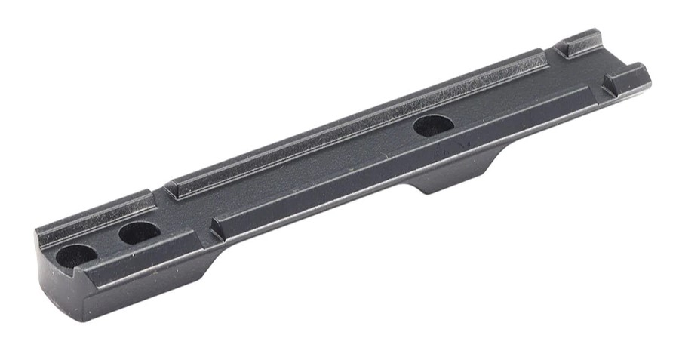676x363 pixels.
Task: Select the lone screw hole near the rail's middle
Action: tap(433, 126)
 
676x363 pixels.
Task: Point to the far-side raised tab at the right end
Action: tap(579, 42)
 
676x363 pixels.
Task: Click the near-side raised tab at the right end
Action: tap(625, 78)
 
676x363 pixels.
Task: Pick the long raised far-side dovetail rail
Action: tap(355, 122)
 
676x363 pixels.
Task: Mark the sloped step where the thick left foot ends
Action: tap(219, 260)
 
